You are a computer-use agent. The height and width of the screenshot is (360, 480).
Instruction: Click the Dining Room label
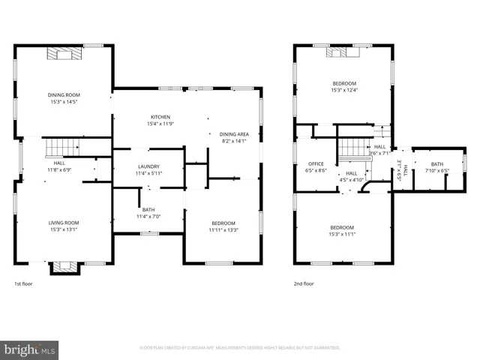64,94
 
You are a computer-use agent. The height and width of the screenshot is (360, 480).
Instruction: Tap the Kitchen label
160,117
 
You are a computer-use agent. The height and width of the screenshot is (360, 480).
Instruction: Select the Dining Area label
234,133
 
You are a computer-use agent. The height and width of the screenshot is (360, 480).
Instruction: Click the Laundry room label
148,166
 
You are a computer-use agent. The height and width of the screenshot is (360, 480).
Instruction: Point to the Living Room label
64,223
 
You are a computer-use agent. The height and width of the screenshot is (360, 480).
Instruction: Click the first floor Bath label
148,209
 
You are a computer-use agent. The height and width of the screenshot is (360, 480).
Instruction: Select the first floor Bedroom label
223,223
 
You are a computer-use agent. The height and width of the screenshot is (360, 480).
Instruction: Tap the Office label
316,163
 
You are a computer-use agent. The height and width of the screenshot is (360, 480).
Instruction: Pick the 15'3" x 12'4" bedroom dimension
344,90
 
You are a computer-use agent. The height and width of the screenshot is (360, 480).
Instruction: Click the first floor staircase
59,146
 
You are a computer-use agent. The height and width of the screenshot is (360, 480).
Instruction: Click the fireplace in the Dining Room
64,52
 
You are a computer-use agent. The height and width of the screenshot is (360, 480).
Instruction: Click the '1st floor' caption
23,283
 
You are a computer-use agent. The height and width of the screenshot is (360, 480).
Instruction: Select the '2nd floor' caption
304,283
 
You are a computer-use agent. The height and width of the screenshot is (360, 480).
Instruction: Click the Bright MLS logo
30,349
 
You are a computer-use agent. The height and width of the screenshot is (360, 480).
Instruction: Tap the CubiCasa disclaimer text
240,348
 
